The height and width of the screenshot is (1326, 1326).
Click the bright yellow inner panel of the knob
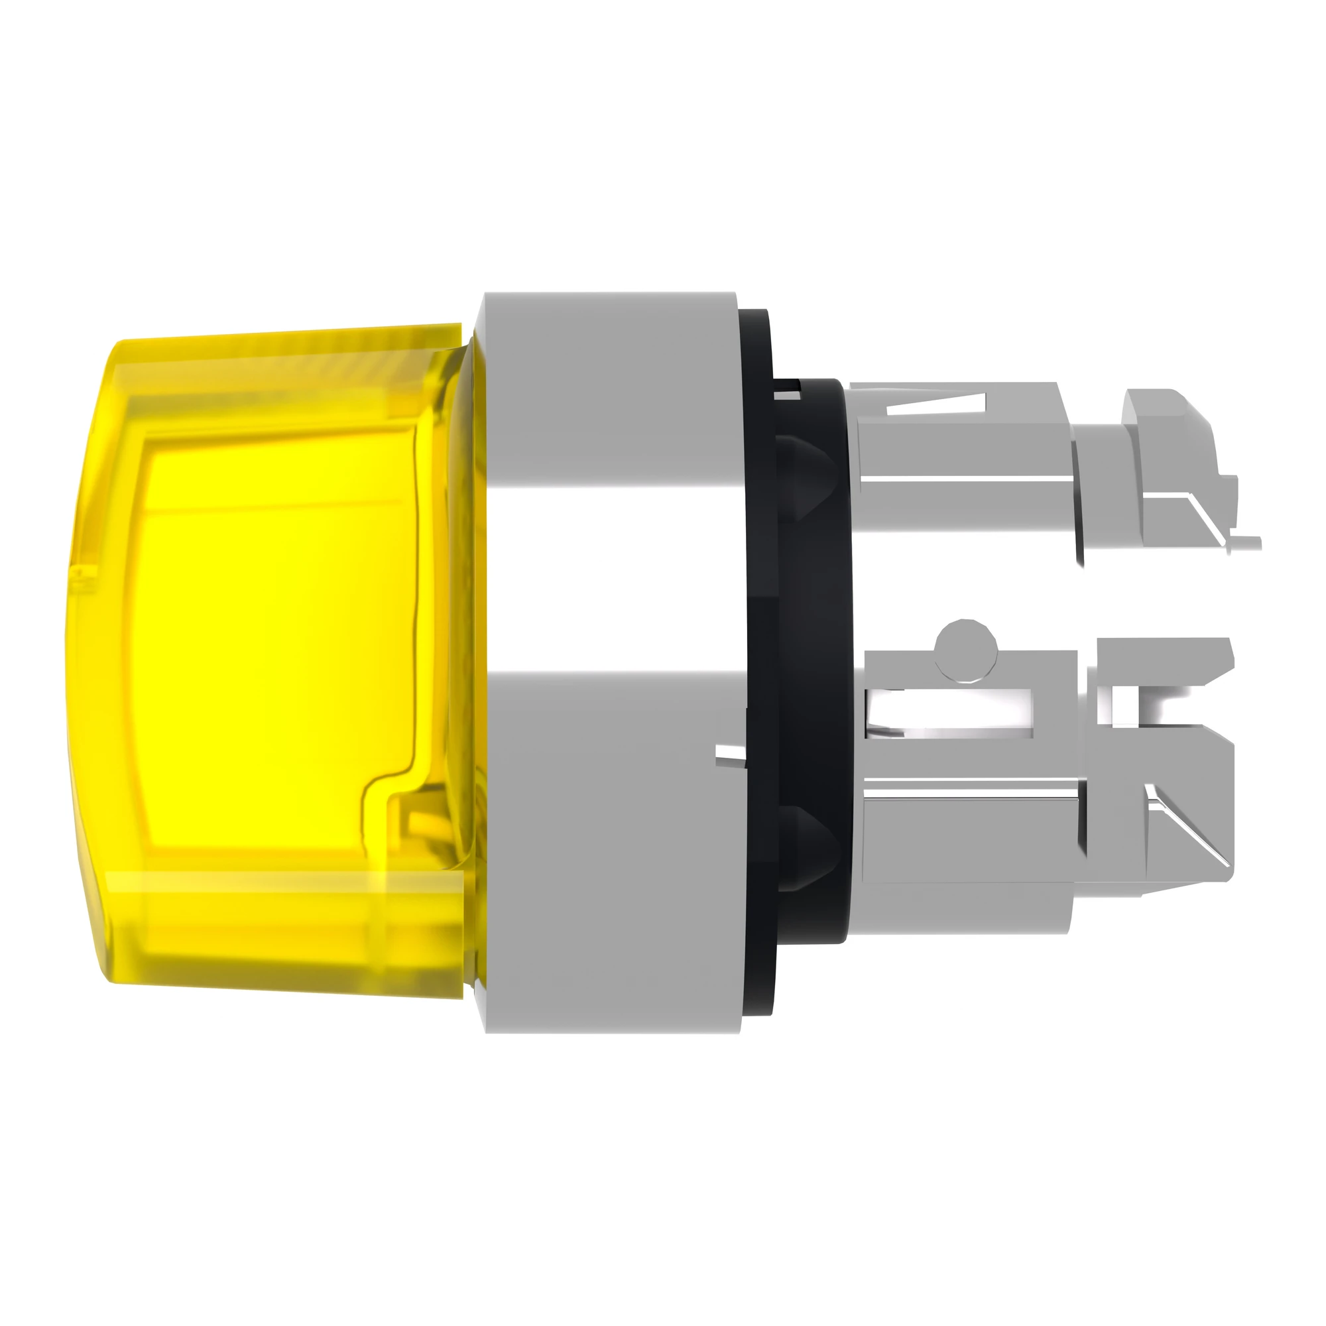pos(274,638)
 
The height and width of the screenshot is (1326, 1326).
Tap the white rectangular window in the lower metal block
pos(951,714)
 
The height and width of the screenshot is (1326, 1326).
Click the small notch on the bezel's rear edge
pos(730,755)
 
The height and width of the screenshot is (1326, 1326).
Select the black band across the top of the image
pos(663,123)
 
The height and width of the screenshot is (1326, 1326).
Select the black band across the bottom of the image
pos(663,1201)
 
